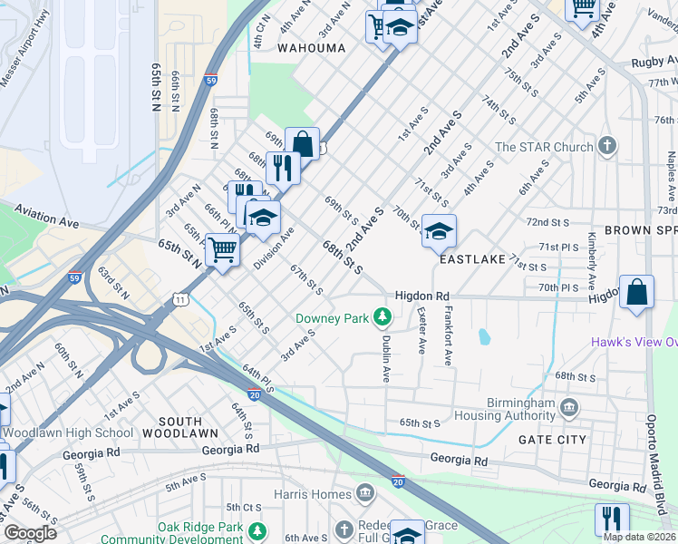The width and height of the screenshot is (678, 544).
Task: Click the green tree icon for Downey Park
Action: point(383,316)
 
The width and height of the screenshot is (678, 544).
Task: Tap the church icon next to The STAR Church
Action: point(607,146)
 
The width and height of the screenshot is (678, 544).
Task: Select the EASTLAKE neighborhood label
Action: point(471,259)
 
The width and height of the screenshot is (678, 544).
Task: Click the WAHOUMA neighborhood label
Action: point(311,47)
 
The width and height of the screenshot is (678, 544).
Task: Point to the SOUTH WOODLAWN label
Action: point(193,422)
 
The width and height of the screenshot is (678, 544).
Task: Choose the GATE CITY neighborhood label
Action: point(552,439)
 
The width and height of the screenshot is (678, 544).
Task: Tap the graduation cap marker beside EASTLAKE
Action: point(439,233)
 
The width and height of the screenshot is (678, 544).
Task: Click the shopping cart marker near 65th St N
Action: point(222,250)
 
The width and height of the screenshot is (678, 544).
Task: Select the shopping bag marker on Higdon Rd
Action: point(637,293)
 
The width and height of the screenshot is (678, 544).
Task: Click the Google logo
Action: point(30,533)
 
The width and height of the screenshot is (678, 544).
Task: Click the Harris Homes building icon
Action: point(364,494)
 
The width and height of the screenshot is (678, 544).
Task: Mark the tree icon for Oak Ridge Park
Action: point(258,529)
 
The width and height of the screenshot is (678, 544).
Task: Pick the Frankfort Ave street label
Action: point(448,335)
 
